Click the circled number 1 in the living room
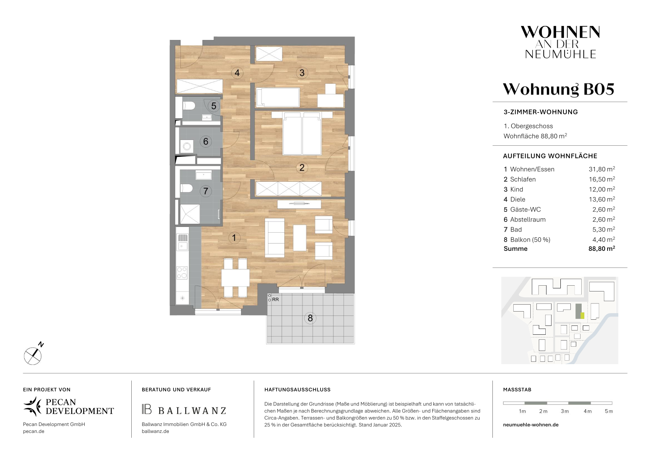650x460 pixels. point(234,238)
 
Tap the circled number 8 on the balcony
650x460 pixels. point(310,318)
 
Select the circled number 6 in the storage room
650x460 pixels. point(206,141)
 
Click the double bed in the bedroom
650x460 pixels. point(302,134)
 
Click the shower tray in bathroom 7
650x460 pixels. point(190,214)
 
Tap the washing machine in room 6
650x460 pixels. point(187,146)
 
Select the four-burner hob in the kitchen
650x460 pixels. point(182,273)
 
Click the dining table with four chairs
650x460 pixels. point(235,278)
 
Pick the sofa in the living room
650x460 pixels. point(275,238)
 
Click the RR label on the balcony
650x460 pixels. point(275,300)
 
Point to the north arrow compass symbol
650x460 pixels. point(33,355)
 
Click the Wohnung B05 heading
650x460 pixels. point(558,89)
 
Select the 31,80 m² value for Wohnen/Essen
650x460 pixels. point(602,169)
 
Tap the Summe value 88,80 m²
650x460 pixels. point(602,249)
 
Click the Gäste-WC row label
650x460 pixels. point(526,210)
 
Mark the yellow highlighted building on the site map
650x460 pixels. point(582,316)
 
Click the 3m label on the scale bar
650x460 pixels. point(565,411)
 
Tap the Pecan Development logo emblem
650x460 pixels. point(32,406)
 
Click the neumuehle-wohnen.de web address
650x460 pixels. point(531,424)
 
